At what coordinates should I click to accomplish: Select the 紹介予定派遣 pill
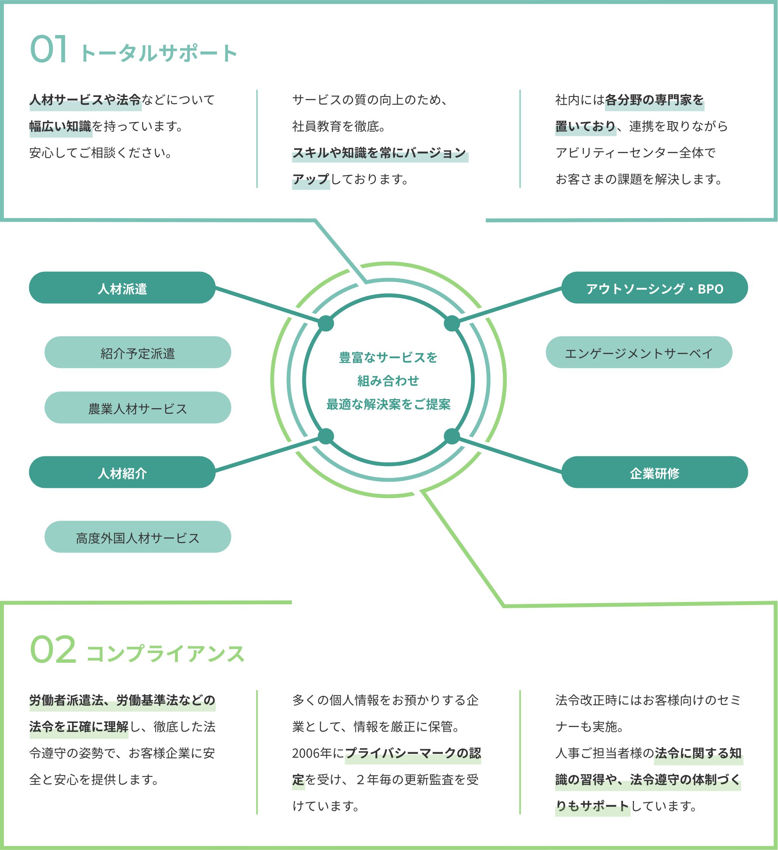coord(138,352)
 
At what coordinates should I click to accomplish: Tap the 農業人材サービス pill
coord(138,407)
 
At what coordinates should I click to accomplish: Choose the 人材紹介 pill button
coord(122,472)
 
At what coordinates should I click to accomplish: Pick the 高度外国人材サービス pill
coord(138,537)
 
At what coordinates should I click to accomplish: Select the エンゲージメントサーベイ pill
coord(639,352)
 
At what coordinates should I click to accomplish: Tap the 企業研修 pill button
coord(655,472)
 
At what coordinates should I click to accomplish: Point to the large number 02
coord(53,650)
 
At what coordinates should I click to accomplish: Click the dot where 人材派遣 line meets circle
coord(326,324)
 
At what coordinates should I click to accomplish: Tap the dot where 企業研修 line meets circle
coord(452,436)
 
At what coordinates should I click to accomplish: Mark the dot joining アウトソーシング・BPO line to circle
coord(452,324)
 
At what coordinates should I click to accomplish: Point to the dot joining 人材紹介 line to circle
coord(326,436)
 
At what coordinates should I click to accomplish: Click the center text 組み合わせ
coord(388,381)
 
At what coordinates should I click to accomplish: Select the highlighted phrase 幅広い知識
coord(60,126)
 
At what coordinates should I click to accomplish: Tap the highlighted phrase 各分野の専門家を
coord(654,100)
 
